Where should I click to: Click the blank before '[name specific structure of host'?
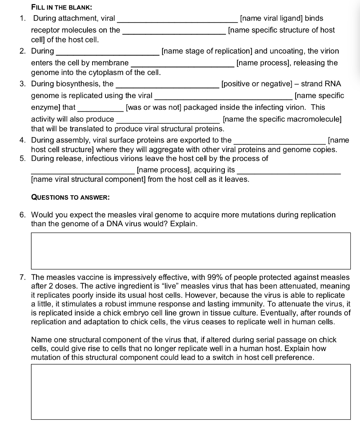174,31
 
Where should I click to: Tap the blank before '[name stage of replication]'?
107,52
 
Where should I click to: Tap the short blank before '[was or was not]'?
100,108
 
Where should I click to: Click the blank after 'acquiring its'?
289,171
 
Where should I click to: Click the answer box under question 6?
191,251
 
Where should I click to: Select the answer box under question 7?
191,392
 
